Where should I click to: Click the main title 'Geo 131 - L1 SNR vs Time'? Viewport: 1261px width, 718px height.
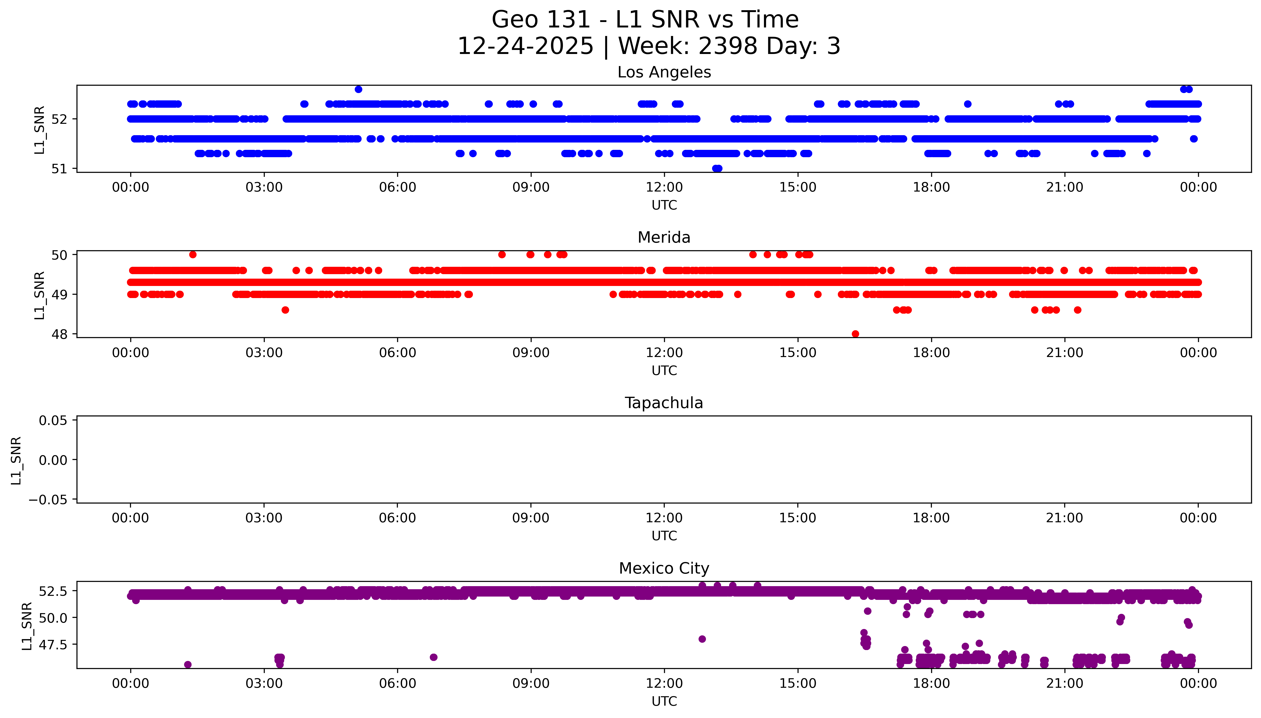pyautogui.click(x=645, y=20)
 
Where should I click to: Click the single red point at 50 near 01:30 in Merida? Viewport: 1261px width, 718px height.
pyautogui.click(x=193, y=254)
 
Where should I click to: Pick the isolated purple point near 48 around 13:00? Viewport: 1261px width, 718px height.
pyautogui.click(x=702, y=639)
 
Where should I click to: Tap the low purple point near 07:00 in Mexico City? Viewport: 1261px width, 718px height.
pyautogui.click(x=434, y=657)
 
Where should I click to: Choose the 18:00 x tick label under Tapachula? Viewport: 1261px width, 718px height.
pyautogui.click(x=931, y=518)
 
